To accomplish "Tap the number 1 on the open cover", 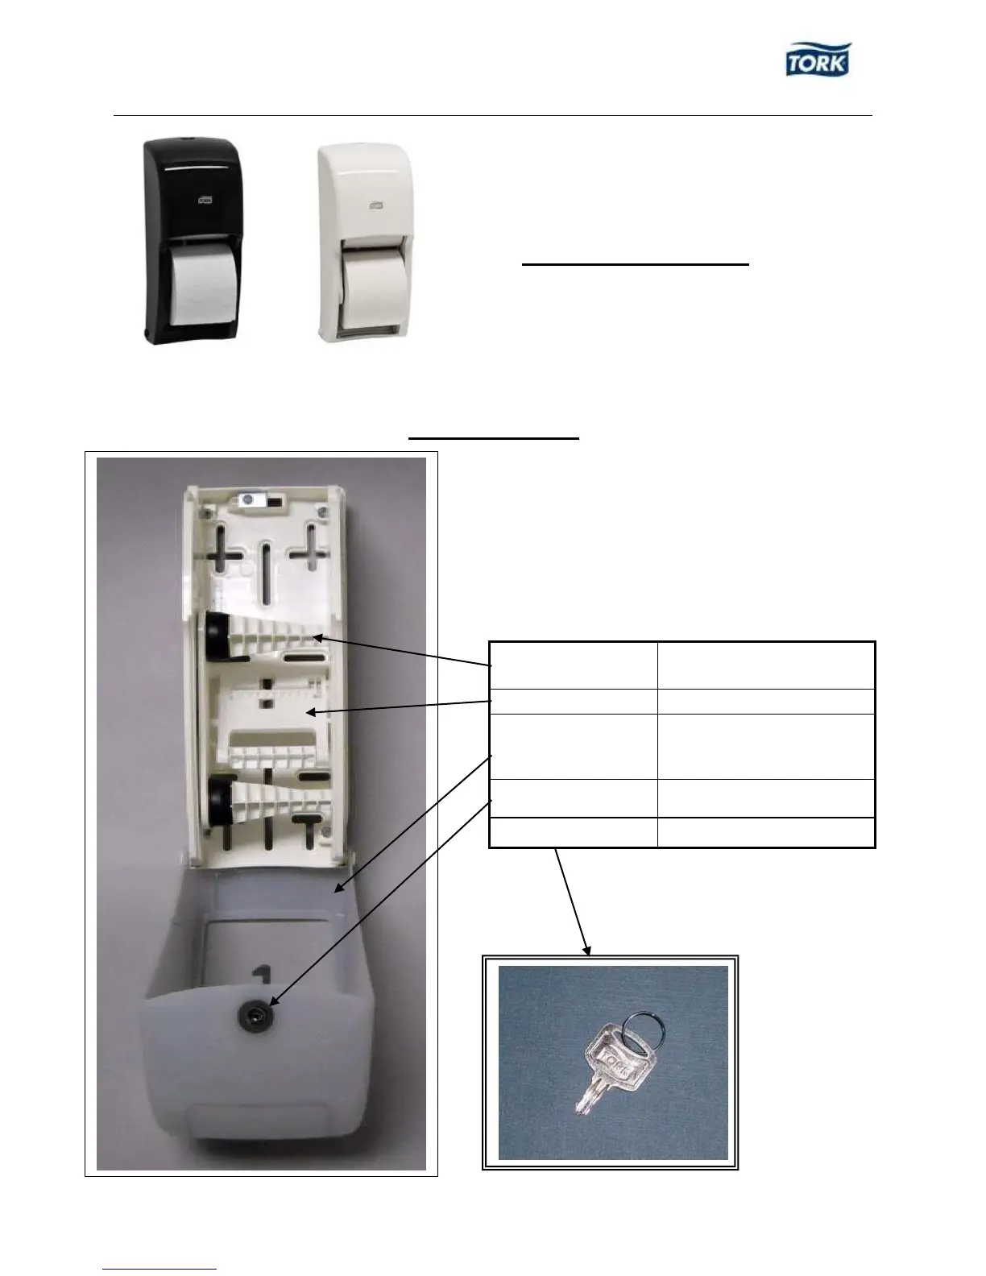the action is coord(260,978).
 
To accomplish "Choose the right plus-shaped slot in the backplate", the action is coord(309,551).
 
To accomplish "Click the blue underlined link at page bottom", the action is coord(160,1269).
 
